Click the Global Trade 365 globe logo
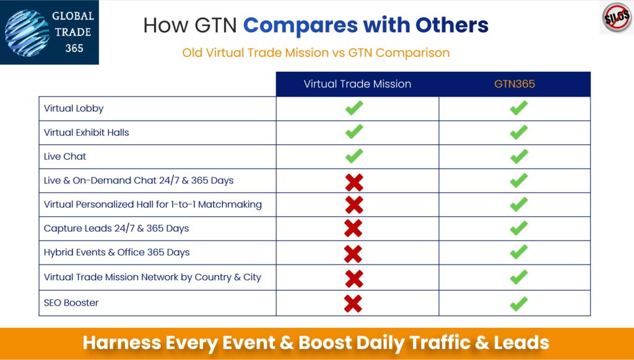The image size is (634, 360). coord(27,32)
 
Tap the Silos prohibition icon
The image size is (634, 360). coord(617,17)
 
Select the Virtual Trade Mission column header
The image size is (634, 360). coord(357,84)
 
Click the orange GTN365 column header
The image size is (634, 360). coord(515,84)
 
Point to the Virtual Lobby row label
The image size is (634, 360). coord(74,108)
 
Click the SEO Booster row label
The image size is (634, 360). coord(71,302)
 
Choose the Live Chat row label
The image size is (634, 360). coord(65,157)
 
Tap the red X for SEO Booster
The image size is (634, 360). coord(353,304)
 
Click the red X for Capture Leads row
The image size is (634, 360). coord(353,229)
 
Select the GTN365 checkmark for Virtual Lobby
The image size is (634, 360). coord(519,108)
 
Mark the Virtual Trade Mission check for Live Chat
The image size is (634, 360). coord(354,156)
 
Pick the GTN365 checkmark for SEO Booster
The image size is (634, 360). coord(519,304)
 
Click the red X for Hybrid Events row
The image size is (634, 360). coord(353,253)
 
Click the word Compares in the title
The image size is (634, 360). coord(300,25)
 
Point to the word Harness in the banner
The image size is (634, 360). coord(122,343)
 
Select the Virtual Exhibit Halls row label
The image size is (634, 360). coord(87,133)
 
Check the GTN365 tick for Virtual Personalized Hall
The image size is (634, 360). coord(519,204)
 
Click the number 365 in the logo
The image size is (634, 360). coord(74,48)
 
